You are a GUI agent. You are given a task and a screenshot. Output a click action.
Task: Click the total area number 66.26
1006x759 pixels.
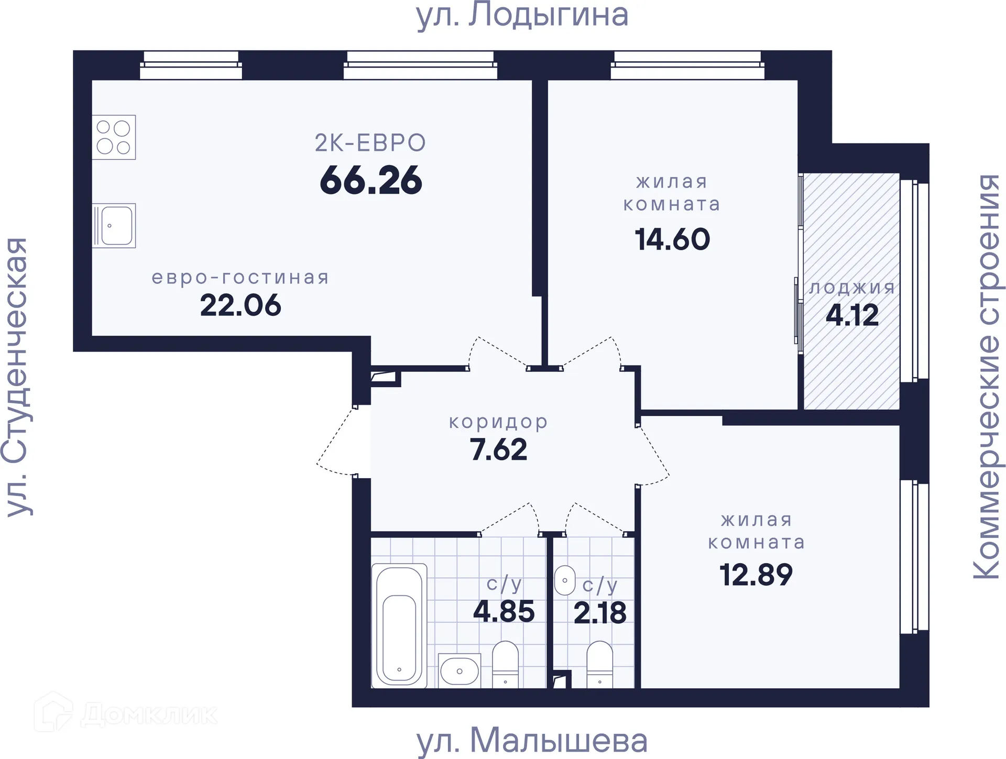(371, 181)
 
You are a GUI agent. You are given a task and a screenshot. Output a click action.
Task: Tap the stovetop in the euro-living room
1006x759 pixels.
(114, 137)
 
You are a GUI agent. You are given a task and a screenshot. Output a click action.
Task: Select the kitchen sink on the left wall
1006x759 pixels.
(114, 226)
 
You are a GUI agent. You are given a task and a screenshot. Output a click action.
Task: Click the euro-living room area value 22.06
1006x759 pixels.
(240, 305)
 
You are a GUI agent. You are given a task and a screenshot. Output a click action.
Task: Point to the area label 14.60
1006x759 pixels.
(672, 239)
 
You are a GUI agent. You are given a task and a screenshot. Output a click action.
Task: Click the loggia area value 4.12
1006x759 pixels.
(852, 315)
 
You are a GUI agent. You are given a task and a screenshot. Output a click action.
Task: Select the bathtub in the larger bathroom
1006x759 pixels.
(399, 625)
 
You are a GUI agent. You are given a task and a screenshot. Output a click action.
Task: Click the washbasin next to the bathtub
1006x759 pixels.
(460, 670)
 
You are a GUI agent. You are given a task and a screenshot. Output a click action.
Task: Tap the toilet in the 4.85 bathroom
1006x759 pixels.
(506, 664)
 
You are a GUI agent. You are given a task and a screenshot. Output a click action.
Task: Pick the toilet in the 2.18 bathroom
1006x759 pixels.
(599, 664)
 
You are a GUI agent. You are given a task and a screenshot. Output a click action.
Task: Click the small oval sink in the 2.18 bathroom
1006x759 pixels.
(565, 580)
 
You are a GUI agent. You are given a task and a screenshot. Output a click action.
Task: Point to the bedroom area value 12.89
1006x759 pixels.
(756, 575)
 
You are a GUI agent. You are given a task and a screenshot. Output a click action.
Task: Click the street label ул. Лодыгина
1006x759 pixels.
(522, 16)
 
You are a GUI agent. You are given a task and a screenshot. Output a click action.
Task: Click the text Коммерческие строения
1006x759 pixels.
(988, 377)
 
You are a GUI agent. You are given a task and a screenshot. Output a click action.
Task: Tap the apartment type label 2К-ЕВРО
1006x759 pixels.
(370, 143)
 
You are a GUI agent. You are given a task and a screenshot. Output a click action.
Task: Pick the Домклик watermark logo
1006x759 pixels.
(126, 713)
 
